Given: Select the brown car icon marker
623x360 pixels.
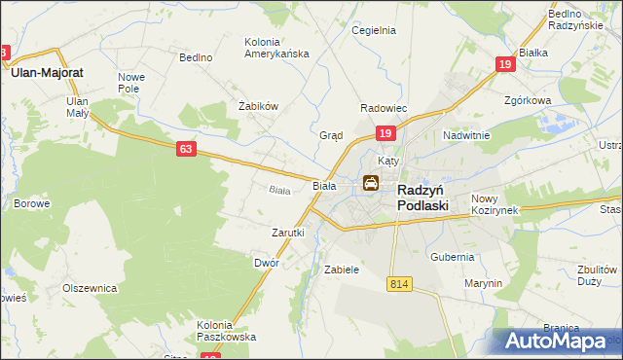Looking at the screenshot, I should (371, 182).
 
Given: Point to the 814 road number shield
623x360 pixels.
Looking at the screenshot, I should (397, 283).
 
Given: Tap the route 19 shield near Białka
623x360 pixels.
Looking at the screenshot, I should (504, 64).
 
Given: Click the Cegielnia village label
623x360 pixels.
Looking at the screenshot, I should (374, 30).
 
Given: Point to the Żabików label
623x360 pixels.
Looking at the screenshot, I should (259, 106).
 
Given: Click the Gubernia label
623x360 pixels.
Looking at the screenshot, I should (452, 257).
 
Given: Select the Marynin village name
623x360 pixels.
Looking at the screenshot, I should (483, 283).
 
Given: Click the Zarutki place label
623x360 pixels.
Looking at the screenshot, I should (288, 233).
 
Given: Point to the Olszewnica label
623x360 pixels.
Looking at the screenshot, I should (90, 288).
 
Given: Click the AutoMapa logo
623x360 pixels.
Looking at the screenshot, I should (557, 341).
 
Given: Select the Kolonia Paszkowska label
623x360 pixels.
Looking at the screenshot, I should (227, 331).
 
